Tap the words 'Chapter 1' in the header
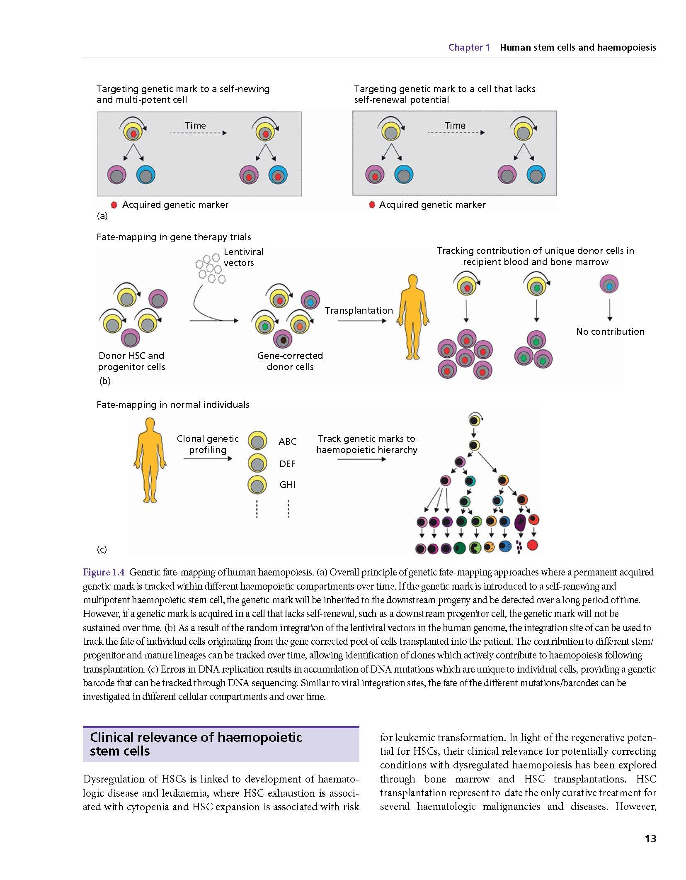(x=469, y=47)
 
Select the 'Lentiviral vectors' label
(x=243, y=257)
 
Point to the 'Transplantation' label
(x=359, y=310)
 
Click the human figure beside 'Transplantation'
(x=413, y=317)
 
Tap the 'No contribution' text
(x=610, y=332)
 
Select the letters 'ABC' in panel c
(x=287, y=441)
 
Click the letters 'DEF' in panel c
(x=287, y=464)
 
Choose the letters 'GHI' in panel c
(x=287, y=485)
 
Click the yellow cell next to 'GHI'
(x=257, y=485)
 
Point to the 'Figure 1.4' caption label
(x=104, y=573)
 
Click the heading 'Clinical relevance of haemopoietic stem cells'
(x=196, y=744)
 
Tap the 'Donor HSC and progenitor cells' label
(x=131, y=361)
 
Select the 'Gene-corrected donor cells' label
(x=290, y=361)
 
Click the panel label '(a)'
(x=102, y=216)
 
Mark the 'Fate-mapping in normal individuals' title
(x=173, y=405)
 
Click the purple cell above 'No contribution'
(x=609, y=285)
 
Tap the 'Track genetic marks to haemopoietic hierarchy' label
(x=367, y=444)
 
